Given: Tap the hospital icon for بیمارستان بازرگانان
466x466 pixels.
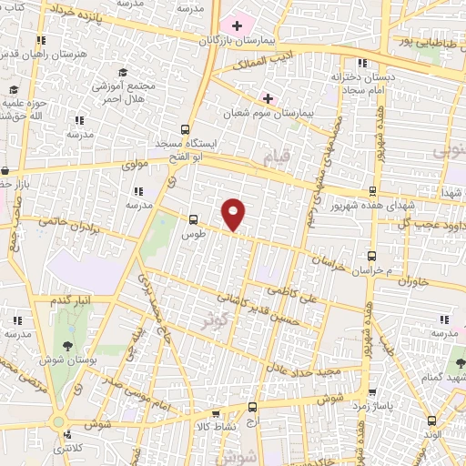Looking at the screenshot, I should point(238,25).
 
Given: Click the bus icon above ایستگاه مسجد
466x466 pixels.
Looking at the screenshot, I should point(186,129).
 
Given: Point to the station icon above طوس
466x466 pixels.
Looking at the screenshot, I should point(192,219).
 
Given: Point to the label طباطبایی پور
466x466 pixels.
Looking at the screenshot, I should point(423,41).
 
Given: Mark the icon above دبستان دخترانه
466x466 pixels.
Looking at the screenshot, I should point(363,63).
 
